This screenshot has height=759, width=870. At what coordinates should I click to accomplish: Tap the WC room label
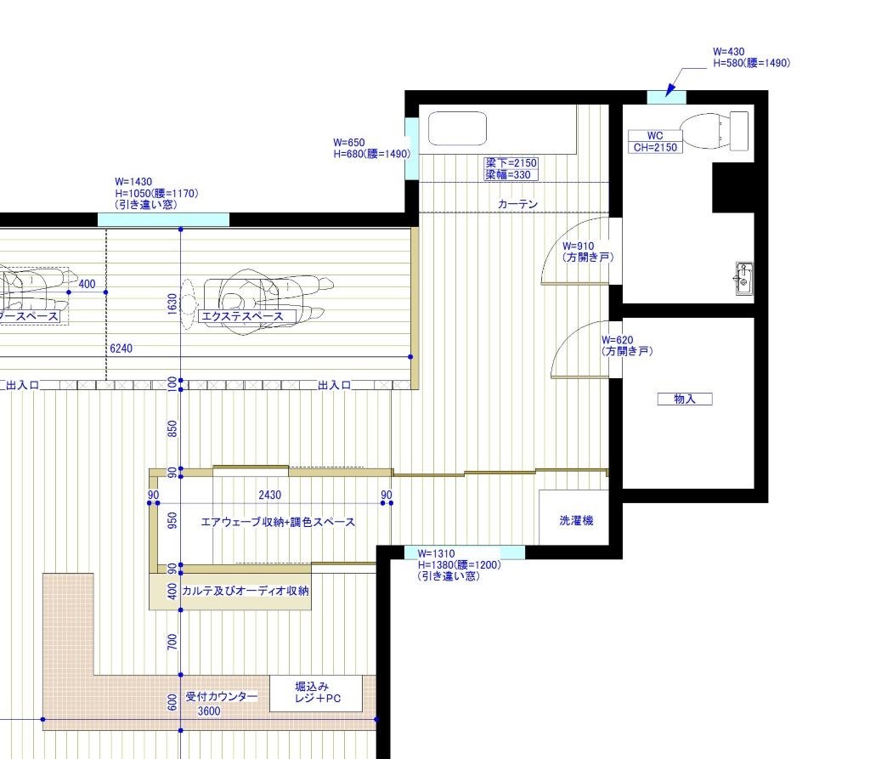point(655,135)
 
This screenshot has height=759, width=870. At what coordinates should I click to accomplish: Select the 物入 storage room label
point(685,399)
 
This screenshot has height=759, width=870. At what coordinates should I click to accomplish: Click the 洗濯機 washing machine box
point(574,517)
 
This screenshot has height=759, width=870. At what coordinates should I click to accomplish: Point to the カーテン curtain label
point(517,204)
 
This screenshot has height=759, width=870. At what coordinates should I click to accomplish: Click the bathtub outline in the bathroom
point(458,128)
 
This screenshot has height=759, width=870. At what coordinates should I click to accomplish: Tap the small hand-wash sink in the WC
point(744,278)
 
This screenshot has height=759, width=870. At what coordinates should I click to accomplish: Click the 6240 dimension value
point(121,348)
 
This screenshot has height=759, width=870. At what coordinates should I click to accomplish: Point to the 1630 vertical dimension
point(172,303)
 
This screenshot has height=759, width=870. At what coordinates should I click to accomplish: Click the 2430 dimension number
point(269,495)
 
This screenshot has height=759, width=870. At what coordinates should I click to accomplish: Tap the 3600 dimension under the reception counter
point(209,711)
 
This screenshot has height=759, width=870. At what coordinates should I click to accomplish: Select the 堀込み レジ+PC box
point(316,693)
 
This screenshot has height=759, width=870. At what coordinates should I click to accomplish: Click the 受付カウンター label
point(222,696)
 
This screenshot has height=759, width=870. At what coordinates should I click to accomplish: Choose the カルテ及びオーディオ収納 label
point(246,591)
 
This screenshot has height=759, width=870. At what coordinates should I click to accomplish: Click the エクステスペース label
point(242,316)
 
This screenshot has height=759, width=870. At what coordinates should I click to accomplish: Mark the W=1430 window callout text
point(156,193)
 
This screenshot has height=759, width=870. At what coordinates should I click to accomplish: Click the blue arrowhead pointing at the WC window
point(670,89)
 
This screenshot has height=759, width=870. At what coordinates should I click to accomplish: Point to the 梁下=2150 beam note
point(511,162)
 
